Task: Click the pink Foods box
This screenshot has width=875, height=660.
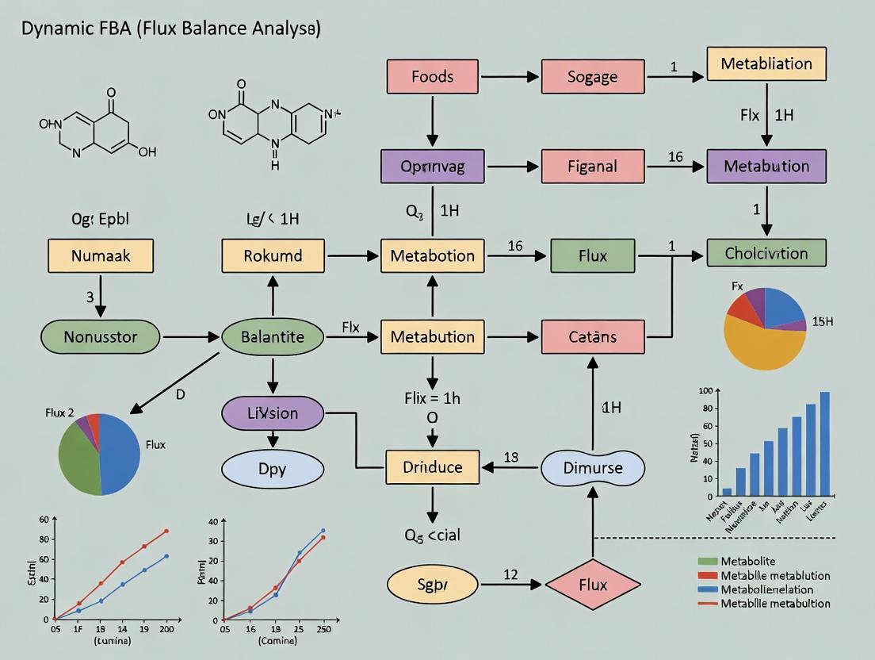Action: point(433,77)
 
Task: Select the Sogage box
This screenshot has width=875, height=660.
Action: point(592,77)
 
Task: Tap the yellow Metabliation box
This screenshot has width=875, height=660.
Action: point(766,63)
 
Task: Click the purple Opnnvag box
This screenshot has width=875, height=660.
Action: point(433,167)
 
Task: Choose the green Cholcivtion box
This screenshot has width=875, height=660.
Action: point(766,253)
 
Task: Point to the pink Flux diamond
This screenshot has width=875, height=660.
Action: point(592,585)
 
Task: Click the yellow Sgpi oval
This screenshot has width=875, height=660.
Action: point(432,585)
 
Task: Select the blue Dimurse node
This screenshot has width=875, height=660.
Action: point(592,466)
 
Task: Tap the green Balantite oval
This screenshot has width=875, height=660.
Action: point(273,337)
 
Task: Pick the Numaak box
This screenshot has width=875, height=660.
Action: point(101,255)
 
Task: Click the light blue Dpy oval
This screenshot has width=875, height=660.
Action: point(273,470)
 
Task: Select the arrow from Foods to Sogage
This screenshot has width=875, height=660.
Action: point(510,77)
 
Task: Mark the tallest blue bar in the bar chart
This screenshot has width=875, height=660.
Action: point(824,444)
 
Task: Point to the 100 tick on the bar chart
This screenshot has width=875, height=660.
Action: point(705,391)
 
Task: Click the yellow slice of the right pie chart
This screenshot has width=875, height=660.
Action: point(761,345)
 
